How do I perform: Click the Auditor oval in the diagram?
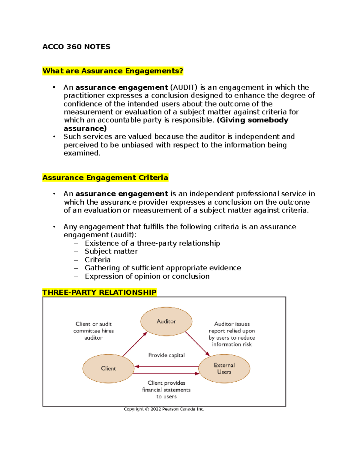[x=166, y=321]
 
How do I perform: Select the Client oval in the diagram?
[x=108, y=368]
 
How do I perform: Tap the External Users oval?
[x=224, y=368]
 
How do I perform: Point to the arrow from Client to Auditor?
[x=135, y=344]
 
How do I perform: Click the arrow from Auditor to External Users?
[x=197, y=344]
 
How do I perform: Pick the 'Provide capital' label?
[x=166, y=355]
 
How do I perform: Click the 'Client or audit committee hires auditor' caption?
[x=94, y=331]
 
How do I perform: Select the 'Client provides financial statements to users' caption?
[x=166, y=390]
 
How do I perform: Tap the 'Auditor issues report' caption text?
[x=232, y=334]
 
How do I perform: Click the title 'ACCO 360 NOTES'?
[x=76, y=47]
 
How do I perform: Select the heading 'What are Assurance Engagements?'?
[x=113, y=71]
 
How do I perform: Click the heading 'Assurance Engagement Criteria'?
[x=105, y=178]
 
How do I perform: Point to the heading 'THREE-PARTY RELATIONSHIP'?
[x=99, y=292]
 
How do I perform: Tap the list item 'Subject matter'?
[x=111, y=251]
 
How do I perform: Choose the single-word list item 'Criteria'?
[x=97, y=260]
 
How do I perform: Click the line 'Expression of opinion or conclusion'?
[x=147, y=276]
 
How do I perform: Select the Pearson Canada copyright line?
[x=164, y=409]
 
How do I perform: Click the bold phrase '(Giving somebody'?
[x=253, y=120]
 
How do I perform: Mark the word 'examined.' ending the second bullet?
[x=82, y=153]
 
